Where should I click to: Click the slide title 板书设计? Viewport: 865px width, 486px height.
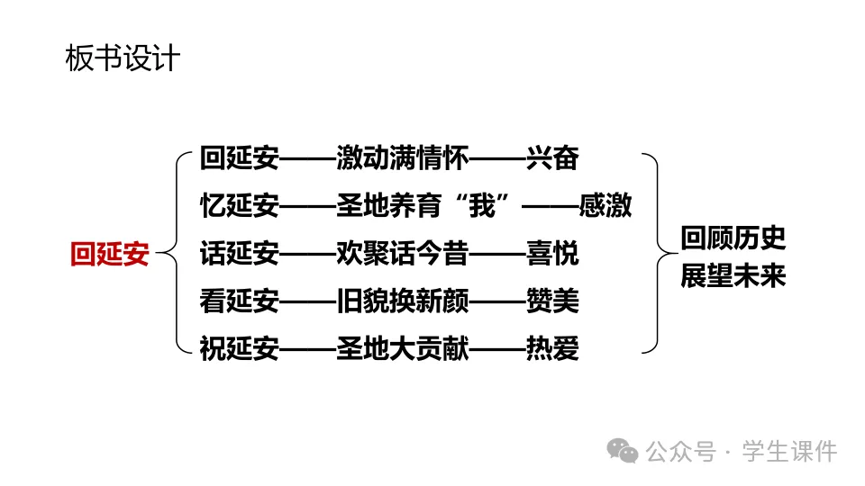[x=123, y=58]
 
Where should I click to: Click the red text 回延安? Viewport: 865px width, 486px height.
[x=109, y=255]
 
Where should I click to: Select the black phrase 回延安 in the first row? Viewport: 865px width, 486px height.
[x=239, y=159]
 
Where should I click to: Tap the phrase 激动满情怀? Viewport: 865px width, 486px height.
[x=403, y=159]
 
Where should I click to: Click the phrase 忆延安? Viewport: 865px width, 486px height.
[x=239, y=206]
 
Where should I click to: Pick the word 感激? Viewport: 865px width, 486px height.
[x=605, y=206]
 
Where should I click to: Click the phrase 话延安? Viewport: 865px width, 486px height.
[x=239, y=254]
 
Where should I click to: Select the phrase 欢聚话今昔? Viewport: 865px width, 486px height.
[x=403, y=254]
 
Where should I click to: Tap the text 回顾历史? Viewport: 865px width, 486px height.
[x=733, y=238]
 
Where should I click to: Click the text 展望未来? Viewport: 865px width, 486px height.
[x=733, y=275]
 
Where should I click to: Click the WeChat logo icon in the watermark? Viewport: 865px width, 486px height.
[x=622, y=451]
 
